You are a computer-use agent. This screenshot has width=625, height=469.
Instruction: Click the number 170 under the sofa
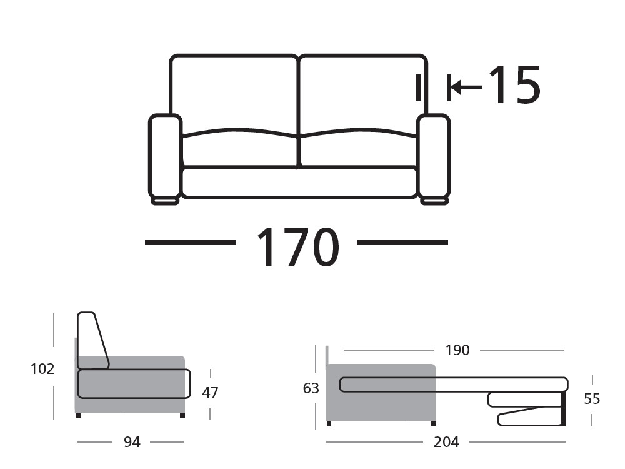click(x=297, y=247)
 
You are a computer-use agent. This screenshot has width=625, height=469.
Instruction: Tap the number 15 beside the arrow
click(x=513, y=85)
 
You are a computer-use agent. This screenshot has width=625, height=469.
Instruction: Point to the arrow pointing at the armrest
click(x=466, y=86)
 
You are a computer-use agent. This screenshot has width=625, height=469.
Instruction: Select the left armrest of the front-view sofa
click(x=165, y=156)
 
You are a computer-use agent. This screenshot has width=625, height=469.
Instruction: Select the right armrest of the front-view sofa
click(x=434, y=156)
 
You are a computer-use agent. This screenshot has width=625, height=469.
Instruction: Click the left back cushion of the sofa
click(x=234, y=94)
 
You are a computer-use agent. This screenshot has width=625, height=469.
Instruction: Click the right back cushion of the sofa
click(x=363, y=94)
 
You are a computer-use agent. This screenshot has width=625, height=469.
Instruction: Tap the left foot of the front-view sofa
click(x=165, y=201)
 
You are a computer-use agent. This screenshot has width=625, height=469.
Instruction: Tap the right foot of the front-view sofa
click(x=434, y=201)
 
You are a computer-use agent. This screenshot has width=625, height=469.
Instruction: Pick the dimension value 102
click(x=42, y=369)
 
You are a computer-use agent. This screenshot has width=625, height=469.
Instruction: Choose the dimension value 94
click(x=132, y=443)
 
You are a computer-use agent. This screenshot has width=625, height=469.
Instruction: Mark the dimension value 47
click(x=211, y=393)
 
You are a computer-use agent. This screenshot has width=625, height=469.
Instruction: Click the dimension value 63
click(x=311, y=388)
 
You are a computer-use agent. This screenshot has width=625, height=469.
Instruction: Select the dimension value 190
click(x=457, y=350)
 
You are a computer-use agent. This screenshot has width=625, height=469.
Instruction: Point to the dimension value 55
click(x=592, y=399)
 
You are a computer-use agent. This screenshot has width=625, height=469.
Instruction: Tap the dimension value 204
click(x=446, y=443)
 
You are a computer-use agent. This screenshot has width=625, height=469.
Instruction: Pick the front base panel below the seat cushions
click(x=299, y=182)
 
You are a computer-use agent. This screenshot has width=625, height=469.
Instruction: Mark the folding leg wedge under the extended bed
click(x=531, y=416)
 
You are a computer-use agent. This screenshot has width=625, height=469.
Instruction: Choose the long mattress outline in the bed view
click(x=454, y=385)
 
